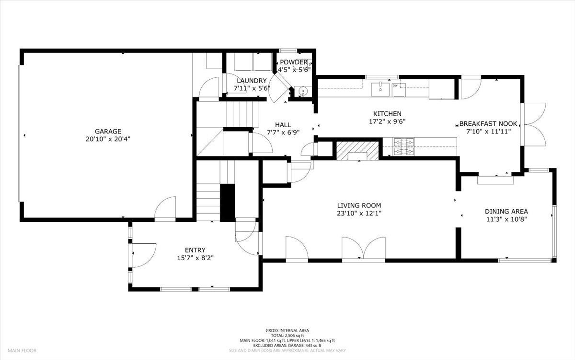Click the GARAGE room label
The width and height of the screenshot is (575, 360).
[x=108, y=131]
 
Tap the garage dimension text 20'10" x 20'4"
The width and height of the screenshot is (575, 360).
[x=108, y=139]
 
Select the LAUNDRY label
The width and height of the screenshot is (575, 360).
[x=252, y=81]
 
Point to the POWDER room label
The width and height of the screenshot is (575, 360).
[x=294, y=62]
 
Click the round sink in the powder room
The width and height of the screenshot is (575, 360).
[x=302, y=91]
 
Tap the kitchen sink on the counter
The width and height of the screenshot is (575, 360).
[x=381, y=87]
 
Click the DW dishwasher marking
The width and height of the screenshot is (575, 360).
[x=396, y=86]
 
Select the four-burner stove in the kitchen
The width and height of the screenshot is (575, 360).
[x=403, y=147]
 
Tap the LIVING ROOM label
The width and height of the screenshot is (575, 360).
[x=359, y=205]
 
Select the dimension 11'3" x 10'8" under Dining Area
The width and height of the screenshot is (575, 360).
[x=506, y=219]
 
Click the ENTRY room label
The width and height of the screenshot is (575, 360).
[x=195, y=250]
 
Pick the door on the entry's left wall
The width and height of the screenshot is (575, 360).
[x=143, y=255]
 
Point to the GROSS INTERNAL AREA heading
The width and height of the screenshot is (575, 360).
[x=287, y=330]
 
